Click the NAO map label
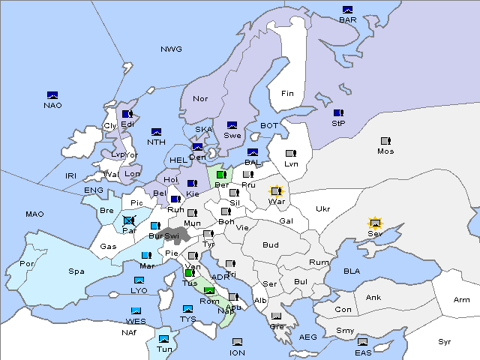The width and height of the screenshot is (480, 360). [52, 105]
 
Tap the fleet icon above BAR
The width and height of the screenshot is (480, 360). [347, 10]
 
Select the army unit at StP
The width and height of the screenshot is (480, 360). [337, 113]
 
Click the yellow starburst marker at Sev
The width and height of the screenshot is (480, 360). [375, 223]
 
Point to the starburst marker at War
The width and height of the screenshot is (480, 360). [276, 191]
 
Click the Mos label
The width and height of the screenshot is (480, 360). [385, 151]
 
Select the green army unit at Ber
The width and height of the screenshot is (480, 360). [221, 175]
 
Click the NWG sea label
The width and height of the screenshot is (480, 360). [171, 49]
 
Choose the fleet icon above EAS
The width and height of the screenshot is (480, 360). [362, 342]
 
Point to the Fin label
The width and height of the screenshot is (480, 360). [287, 94]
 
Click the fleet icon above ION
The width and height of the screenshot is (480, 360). [237, 342]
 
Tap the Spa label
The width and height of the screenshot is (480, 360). [76, 271]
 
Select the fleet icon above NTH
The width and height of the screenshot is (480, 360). [157, 132]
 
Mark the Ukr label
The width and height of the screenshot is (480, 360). [322, 209]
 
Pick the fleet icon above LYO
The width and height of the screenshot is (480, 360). [139, 280]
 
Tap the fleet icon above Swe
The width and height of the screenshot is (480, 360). [232, 125]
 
